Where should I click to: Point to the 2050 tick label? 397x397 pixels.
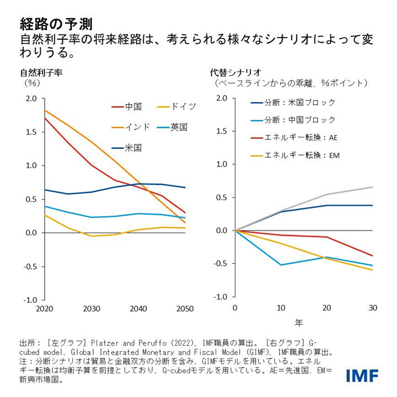[x=185, y=310]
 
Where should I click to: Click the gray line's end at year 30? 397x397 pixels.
[x=372, y=187]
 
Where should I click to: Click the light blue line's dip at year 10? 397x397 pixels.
[x=281, y=265]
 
